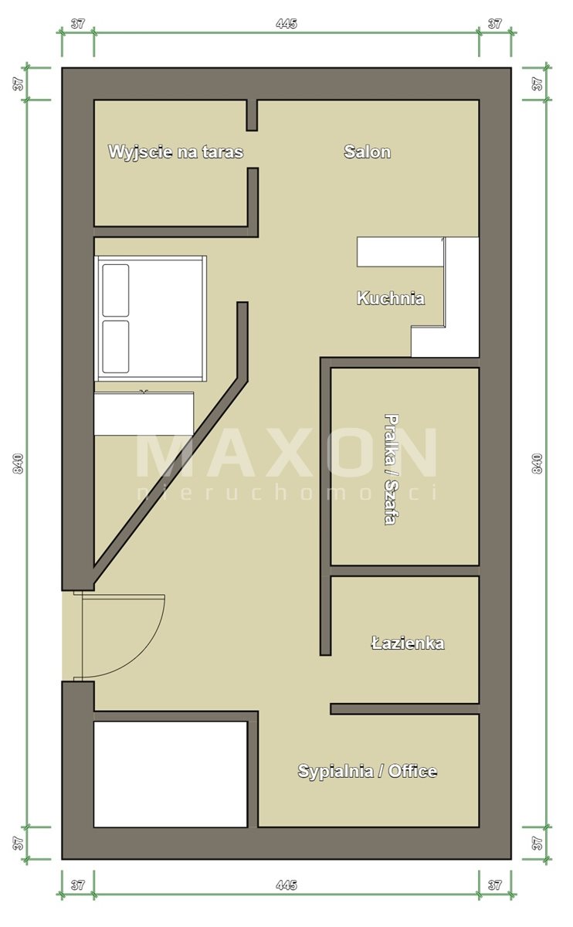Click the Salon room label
click(x=368, y=152)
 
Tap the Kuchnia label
click(x=391, y=298)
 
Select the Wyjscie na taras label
click(x=176, y=152)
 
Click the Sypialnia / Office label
click(x=368, y=771)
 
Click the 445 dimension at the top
click(x=286, y=24)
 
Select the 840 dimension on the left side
click(x=19, y=463)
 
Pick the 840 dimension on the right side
click(x=537, y=463)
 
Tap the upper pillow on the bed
click(x=115, y=290)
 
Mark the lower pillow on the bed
click(x=115, y=347)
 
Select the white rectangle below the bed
click(x=144, y=413)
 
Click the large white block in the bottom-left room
click(x=171, y=774)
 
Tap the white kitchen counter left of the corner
click(x=400, y=252)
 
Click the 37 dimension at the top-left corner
click(x=78, y=24)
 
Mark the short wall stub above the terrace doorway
click(x=252, y=115)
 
